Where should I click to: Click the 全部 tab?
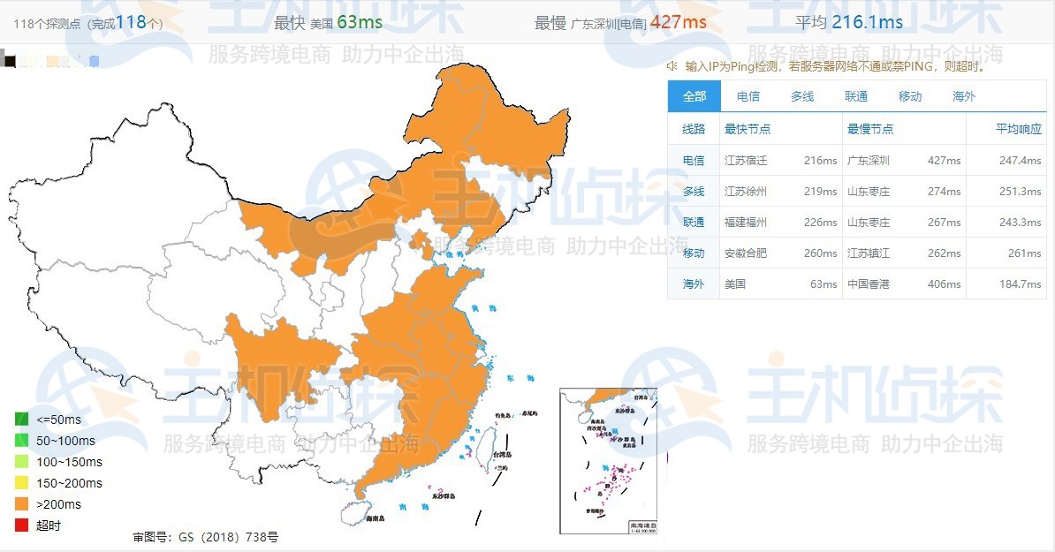694,96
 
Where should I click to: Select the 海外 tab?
964,96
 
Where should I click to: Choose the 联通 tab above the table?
856,96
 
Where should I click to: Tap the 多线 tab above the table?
802,96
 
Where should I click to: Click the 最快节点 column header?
748,129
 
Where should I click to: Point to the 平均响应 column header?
1019,129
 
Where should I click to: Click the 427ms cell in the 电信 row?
944,161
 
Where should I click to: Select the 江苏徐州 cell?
746,192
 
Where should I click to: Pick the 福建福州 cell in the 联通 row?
746,223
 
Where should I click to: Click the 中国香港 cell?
869,284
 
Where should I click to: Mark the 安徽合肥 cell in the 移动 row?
746,253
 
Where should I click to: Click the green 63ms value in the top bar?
359,22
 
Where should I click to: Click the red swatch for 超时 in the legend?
22,526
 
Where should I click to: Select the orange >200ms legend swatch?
22,504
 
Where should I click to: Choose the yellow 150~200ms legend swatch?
22,483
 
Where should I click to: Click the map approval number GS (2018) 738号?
205,536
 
